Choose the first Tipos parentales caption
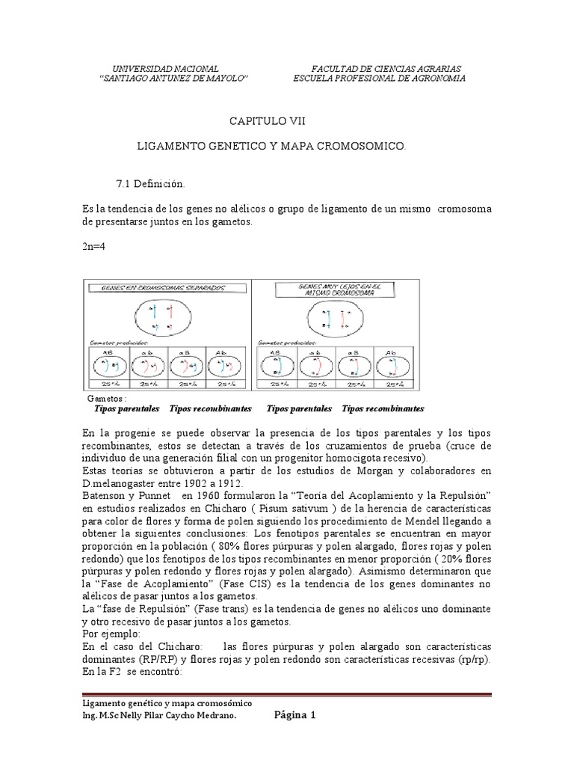point(127,409)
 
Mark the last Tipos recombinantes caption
point(383,409)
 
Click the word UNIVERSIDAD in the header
point(138,67)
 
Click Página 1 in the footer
point(294,715)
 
